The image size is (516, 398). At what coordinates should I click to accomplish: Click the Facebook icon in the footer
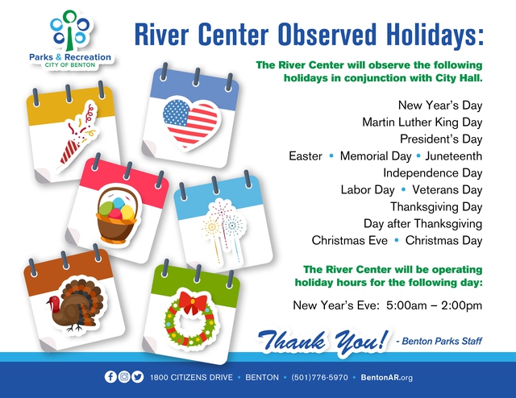pyautogui.click(x=110, y=376)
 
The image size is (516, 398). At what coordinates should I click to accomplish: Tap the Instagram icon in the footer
pyautogui.click(x=124, y=376)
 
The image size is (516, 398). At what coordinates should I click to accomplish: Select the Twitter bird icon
pyautogui.click(x=138, y=376)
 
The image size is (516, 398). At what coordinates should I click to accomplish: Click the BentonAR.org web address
pyautogui.click(x=386, y=377)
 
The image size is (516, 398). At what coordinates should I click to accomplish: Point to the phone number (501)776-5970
pyautogui.click(x=319, y=377)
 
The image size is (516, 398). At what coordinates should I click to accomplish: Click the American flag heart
pyautogui.click(x=190, y=122)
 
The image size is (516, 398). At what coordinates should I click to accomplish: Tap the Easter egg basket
pyautogui.click(x=117, y=214)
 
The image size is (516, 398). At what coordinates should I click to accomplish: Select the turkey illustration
pyautogui.click(x=75, y=305)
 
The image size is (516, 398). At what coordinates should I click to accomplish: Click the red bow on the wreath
pyautogui.click(x=193, y=302)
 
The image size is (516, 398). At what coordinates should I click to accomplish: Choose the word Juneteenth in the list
pyautogui.click(x=453, y=156)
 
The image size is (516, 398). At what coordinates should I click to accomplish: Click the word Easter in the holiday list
pyautogui.click(x=306, y=156)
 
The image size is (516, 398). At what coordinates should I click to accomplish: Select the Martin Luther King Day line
pyautogui.click(x=422, y=122)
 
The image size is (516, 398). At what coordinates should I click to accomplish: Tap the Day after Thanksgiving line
pyautogui.click(x=422, y=224)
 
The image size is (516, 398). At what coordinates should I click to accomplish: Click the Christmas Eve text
pyautogui.click(x=349, y=240)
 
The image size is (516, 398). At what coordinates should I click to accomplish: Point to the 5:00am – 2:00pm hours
pyautogui.click(x=434, y=305)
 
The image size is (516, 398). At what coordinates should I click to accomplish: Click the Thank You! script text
pyautogui.click(x=322, y=341)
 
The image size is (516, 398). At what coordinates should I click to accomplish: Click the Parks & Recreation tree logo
pyautogui.click(x=70, y=31)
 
